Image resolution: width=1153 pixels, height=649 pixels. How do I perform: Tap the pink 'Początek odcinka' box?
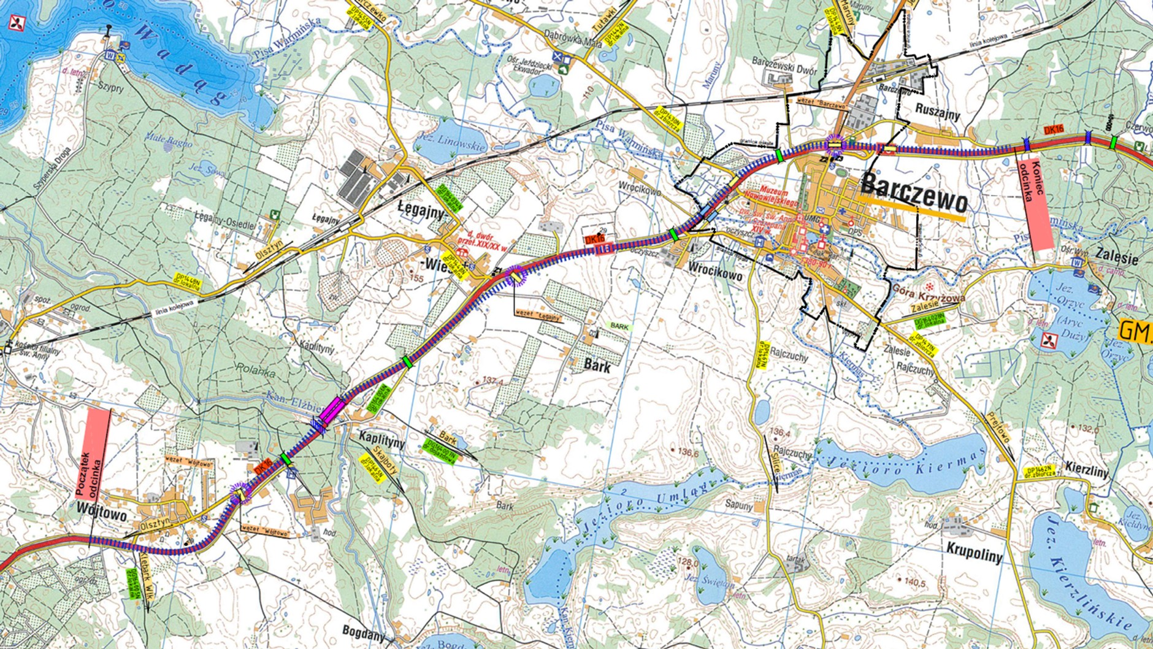coord(95,451)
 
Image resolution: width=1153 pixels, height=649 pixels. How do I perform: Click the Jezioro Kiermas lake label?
coord(908,464)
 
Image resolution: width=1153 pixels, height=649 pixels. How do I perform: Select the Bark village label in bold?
coord(597,365)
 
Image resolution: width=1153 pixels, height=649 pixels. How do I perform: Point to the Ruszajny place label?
coord(938,114)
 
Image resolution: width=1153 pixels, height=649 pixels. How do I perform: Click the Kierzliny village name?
coord(1087,472)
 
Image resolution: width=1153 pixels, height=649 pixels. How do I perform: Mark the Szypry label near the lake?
coord(110,88)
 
